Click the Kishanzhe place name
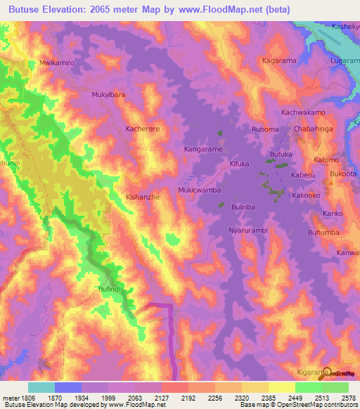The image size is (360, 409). click(143, 197)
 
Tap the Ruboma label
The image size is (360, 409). click(265, 130)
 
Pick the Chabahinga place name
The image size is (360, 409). click(316, 129)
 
